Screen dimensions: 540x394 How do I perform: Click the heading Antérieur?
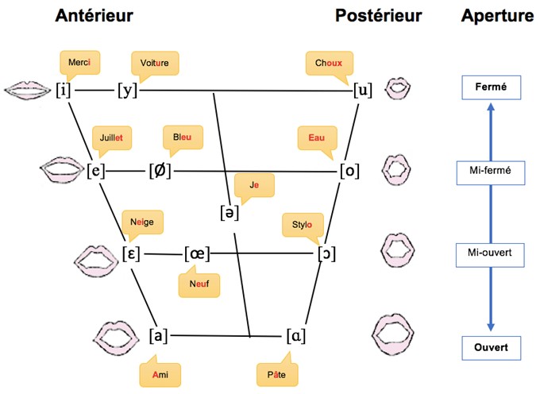(94, 16)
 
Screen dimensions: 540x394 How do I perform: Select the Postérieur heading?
(379, 16)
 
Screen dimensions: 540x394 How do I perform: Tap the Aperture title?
(497, 16)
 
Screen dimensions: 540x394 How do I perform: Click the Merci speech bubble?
(80, 64)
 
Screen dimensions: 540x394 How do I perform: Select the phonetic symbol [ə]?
(229, 213)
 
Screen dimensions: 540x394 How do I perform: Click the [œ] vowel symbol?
(197, 254)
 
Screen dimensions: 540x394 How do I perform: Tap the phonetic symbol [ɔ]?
(326, 254)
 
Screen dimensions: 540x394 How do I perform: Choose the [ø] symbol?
(160, 171)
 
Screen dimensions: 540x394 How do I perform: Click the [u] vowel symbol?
(363, 91)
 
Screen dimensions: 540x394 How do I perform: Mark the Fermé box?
(491, 87)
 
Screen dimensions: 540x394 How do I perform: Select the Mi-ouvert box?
(490, 255)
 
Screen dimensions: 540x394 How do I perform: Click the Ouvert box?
(491, 348)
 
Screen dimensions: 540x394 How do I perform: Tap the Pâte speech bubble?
(277, 373)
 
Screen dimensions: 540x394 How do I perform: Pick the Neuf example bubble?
(199, 284)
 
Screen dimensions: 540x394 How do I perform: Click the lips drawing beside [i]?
(28, 91)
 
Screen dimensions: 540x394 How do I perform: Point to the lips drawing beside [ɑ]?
(393, 334)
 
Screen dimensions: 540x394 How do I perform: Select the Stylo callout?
(303, 226)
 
